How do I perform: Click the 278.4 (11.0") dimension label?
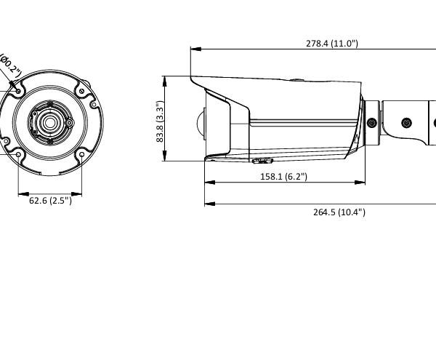coord(331,44)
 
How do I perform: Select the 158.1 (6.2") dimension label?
coord(283,176)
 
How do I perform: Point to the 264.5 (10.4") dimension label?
coord(339,212)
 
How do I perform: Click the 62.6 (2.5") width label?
coord(50,201)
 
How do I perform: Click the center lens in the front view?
coord(49,122)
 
